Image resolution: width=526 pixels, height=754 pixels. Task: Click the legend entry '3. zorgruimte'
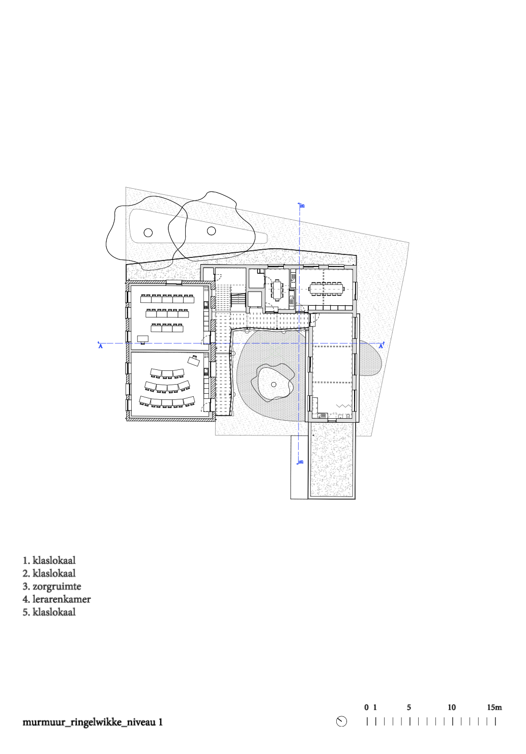point(52,587)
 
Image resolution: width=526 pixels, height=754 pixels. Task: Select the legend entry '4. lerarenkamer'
point(56,599)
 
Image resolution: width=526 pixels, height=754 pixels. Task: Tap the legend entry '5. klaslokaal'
point(49,612)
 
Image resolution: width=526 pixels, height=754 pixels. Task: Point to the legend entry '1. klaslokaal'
point(49,561)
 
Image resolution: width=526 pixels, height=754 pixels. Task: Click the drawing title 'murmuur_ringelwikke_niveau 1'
point(93,722)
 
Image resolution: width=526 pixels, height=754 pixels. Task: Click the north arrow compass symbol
point(341,721)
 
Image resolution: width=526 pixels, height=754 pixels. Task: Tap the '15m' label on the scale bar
point(494,707)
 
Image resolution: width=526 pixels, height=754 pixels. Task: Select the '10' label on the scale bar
point(452,707)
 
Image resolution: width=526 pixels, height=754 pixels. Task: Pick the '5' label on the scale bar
point(409,707)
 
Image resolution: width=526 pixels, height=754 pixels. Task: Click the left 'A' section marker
point(100,346)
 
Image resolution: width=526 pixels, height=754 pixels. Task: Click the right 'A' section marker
point(381,346)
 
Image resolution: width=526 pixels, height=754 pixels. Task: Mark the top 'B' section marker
point(302,206)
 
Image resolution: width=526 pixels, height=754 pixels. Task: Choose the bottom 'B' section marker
point(302,461)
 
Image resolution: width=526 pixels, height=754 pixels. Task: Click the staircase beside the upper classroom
point(238,301)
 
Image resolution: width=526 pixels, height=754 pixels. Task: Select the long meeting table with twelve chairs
point(327,288)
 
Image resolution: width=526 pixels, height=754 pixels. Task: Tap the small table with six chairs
point(277,290)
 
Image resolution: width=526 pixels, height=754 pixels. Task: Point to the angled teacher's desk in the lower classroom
point(194,360)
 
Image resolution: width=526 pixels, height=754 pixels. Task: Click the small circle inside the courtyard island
point(274,385)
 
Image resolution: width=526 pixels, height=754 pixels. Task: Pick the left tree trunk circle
point(148,233)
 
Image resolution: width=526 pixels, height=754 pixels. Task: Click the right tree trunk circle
point(211,231)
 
